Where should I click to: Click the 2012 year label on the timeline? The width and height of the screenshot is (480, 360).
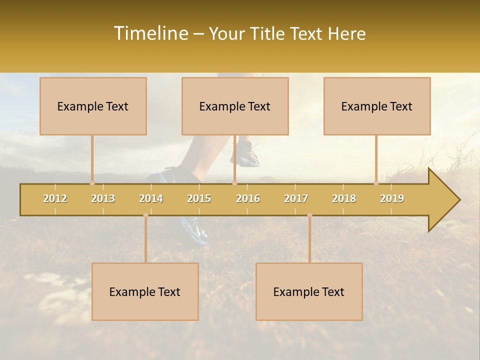click(55, 198)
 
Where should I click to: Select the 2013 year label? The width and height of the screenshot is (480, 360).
click(103, 198)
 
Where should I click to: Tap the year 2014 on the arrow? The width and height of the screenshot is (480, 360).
click(151, 198)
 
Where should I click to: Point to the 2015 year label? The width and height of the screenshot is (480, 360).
click(199, 198)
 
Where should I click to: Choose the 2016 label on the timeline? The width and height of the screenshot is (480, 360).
click(248, 198)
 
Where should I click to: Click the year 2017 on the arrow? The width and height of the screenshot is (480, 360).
click(296, 198)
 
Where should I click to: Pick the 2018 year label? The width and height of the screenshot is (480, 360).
click(344, 198)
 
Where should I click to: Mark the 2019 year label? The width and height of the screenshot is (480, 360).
click(392, 198)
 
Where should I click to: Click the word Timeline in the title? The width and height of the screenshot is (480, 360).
click(150, 33)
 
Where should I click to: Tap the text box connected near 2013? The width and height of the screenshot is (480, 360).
click(93, 106)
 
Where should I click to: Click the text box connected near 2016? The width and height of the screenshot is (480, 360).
click(235, 106)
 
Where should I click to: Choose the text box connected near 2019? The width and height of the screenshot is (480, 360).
click(377, 106)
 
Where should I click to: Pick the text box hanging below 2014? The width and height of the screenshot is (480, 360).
click(145, 291)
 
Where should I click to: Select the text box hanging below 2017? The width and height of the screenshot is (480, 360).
click(309, 291)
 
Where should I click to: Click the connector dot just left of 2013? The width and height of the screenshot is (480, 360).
click(92, 183)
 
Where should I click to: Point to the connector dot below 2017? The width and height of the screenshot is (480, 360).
click(309, 215)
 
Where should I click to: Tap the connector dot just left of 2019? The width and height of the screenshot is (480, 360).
click(376, 183)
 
